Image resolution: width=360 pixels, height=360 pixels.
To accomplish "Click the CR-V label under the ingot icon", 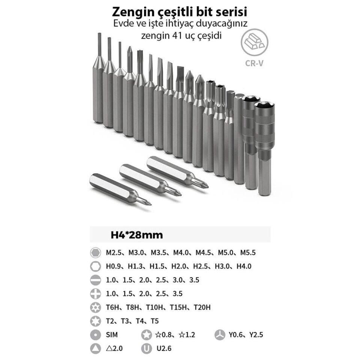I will (254, 64).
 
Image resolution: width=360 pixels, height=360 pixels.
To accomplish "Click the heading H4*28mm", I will (137, 235).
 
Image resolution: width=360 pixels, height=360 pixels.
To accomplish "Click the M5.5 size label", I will (248, 253).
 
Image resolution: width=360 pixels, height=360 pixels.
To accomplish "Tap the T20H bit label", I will (202, 307).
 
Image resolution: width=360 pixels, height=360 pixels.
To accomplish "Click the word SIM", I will (112, 335).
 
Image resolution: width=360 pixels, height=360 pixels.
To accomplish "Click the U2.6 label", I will (164, 348).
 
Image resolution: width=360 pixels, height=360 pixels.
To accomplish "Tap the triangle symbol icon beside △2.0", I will (96, 348).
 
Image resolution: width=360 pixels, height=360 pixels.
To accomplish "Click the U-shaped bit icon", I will (147, 348).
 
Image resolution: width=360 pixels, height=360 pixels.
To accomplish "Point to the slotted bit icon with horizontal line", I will (96, 280).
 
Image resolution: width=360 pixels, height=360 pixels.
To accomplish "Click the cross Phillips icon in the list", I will (96, 294).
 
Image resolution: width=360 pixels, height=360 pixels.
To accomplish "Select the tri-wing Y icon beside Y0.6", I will (220, 335).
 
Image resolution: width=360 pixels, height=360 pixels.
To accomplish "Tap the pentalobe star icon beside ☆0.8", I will (147, 335).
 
